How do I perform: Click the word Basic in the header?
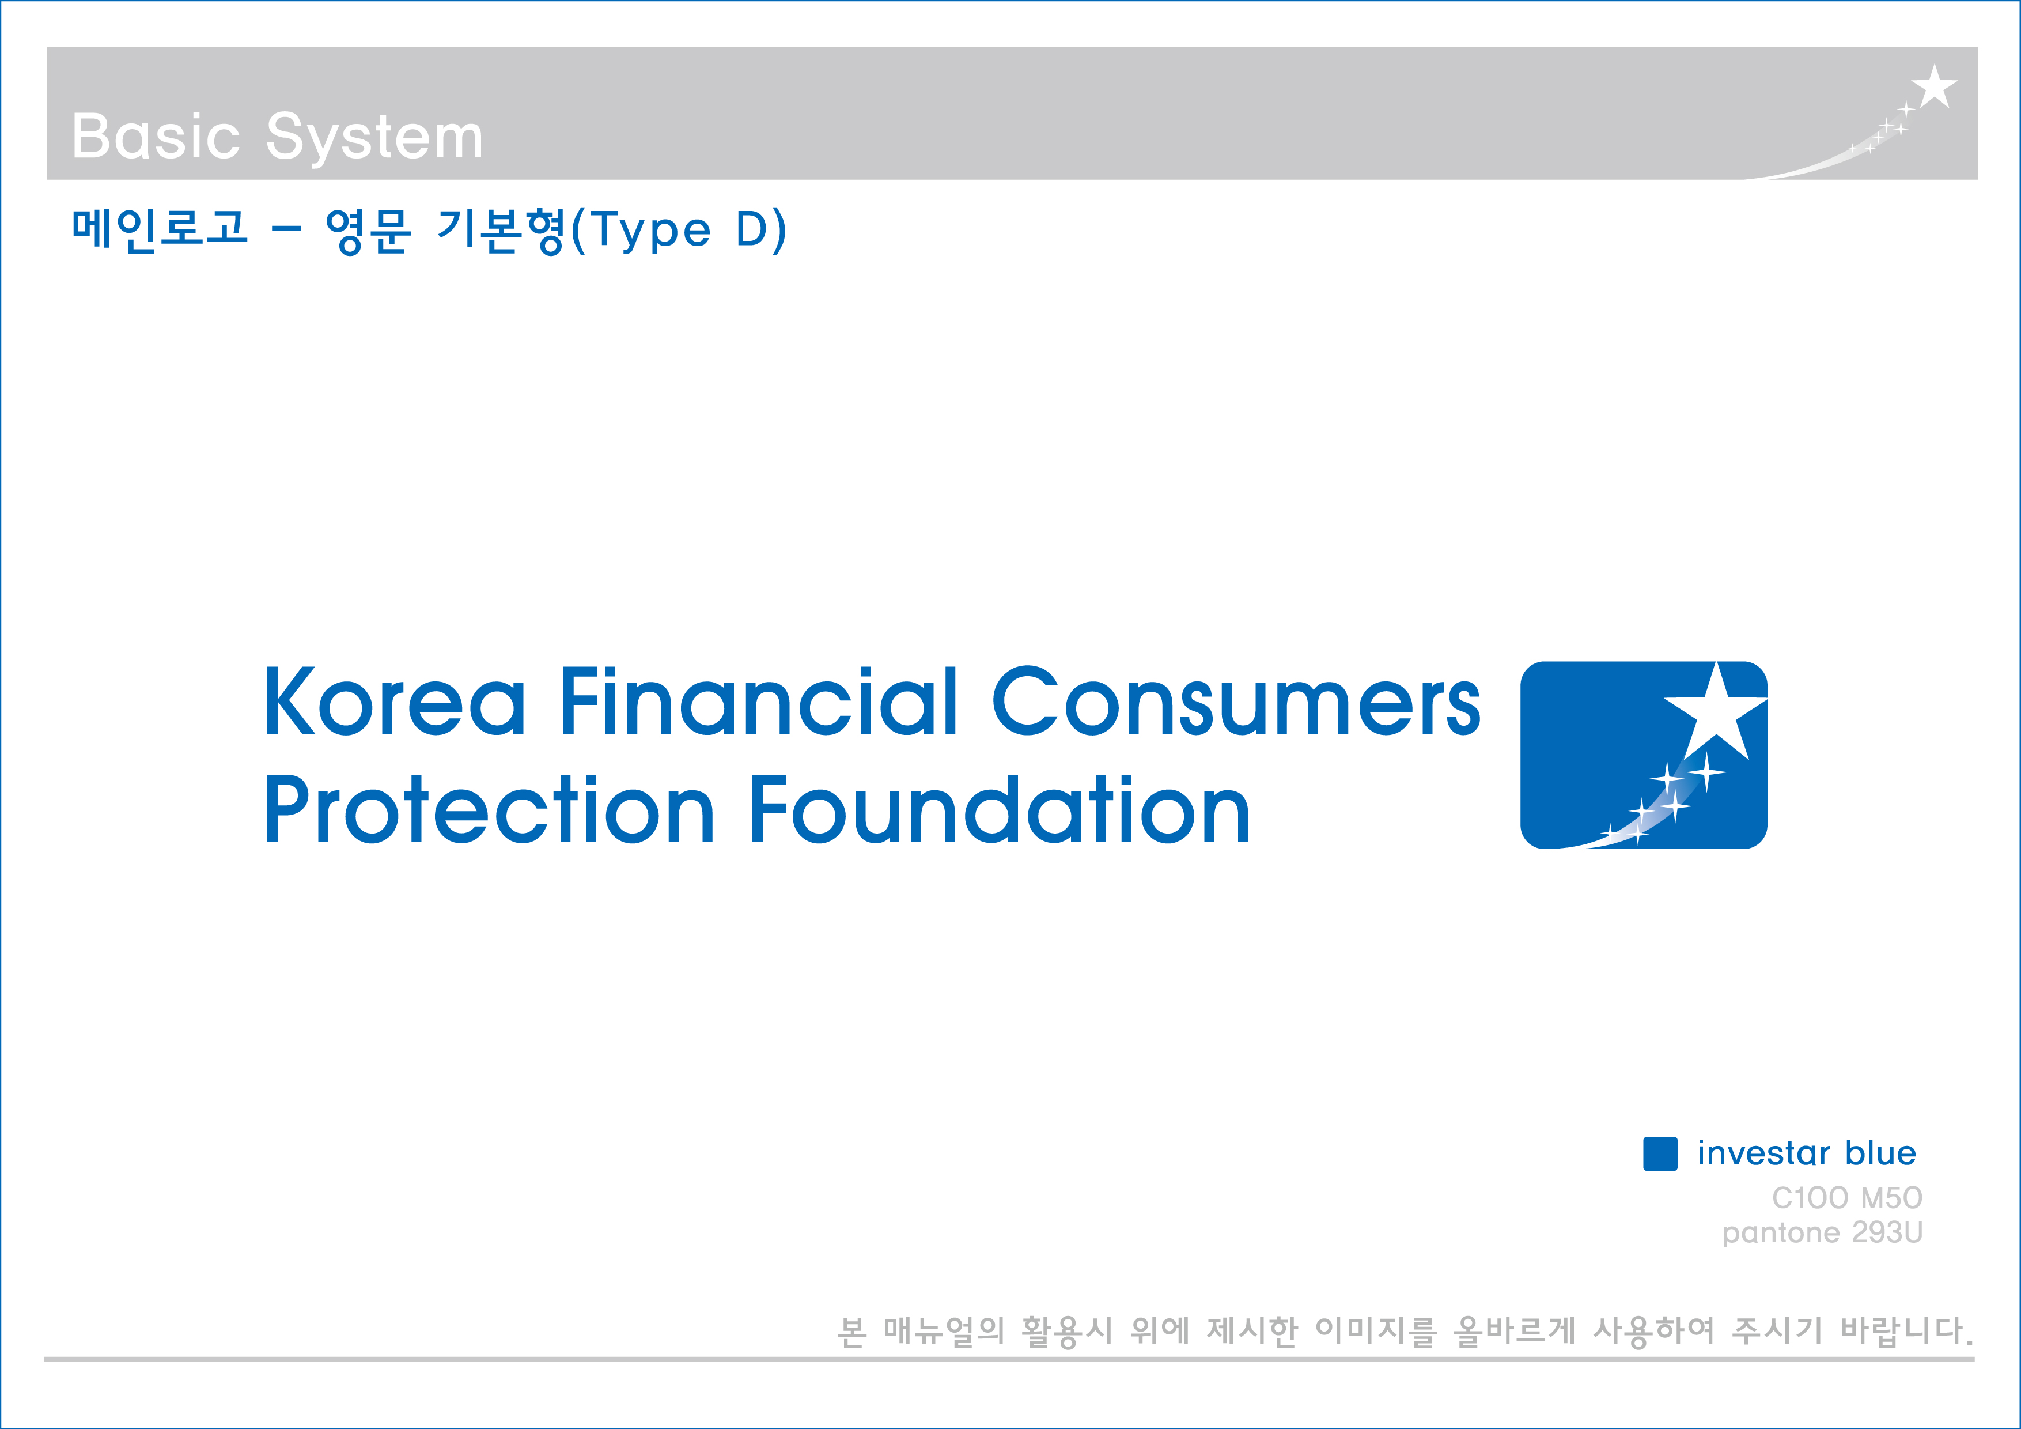tap(156, 137)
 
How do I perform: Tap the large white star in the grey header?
tap(1934, 86)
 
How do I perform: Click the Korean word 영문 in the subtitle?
tap(368, 231)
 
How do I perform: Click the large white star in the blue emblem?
tap(1716, 711)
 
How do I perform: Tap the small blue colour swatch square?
tap(1660, 1153)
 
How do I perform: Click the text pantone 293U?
tap(1823, 1232)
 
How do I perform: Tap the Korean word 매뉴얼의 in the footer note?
tap(944, 1330)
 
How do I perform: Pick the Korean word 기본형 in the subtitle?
tap(502, 231)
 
